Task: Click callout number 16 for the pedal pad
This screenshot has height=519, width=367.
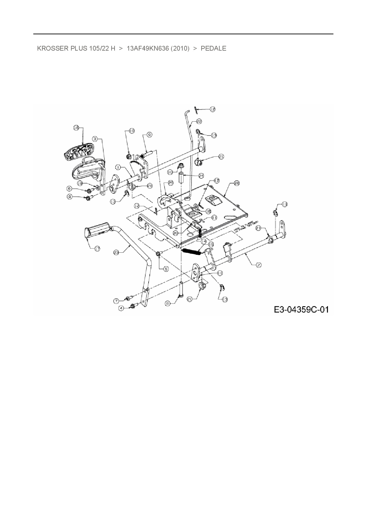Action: [x=76, y=128]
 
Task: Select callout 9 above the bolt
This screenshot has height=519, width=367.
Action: [x=149, y=135]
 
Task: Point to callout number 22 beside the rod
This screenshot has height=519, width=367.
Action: [x=199, y=121]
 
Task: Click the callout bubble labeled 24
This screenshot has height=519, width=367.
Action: [x=201, y=175]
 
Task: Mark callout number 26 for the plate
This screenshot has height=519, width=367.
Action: [x=236, y=183]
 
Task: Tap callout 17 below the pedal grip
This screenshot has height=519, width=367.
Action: [x=97, y=249]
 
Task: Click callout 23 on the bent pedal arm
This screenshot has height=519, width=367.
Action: [x=116, y=252]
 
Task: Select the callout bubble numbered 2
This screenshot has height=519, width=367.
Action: [x=259, y=265]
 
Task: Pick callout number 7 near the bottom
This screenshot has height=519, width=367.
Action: [x=117, y=301]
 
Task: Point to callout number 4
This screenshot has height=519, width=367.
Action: [x=121, y=308]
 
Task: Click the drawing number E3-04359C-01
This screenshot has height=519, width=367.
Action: [x=301, y=310]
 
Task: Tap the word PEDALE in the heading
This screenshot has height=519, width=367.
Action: [x=213, y=48]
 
